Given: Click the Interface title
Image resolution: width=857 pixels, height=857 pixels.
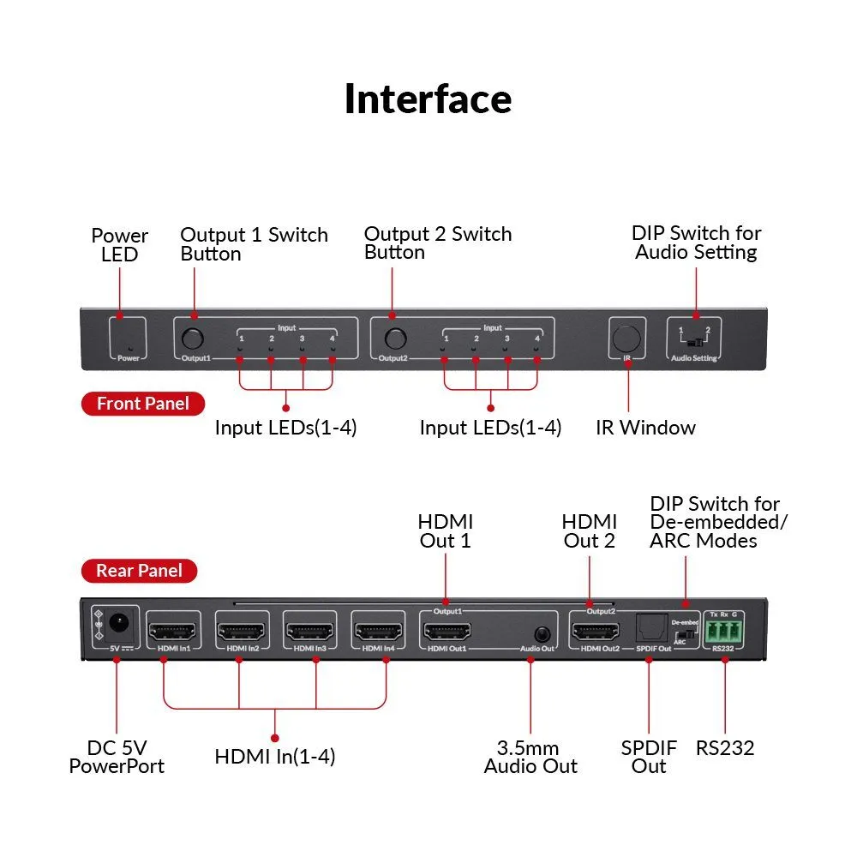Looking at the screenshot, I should tap(428, 99).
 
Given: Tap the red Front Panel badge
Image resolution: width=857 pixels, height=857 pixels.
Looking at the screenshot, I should tap(143, 404).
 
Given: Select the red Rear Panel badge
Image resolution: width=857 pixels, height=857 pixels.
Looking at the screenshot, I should tap(139, 570).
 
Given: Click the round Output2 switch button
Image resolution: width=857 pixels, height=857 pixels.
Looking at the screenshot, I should tap(395, 337).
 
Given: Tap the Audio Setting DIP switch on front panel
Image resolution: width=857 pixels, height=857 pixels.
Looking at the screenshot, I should tap(695, 342).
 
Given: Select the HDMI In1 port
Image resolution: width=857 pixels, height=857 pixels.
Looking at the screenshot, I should tap(173, 633).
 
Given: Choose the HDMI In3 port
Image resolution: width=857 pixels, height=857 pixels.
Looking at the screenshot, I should tap(309, 633).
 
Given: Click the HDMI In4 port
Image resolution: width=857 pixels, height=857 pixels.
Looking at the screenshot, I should tap(378, 633).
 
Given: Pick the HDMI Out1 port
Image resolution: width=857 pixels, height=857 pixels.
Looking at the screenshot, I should tap(446, 633).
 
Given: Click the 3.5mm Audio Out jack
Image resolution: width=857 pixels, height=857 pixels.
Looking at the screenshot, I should tap(541, 634).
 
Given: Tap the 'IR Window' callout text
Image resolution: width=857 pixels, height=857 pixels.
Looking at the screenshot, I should tap(645, 428).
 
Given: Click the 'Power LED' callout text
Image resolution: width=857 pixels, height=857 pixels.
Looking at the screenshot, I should tap(119, 244).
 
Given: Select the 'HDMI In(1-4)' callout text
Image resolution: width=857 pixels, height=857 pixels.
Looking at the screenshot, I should tap(274, 757).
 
